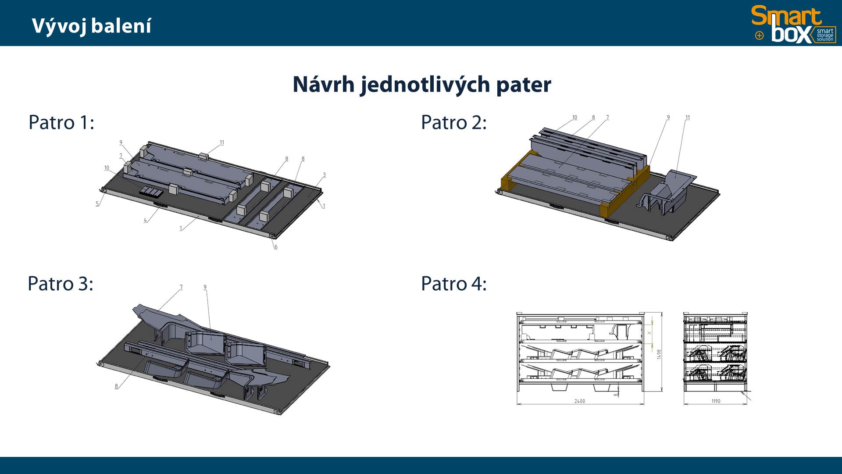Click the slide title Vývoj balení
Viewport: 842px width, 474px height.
[x=92, y=26]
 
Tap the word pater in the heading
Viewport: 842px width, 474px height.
[x=524, y=85]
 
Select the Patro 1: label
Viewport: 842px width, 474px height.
[x=61, y=122]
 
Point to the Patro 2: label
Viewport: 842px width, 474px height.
[x=454, y=122]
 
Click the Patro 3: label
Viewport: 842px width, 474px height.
[x=61, y=284]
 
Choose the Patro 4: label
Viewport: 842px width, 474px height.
[x=454, y=284]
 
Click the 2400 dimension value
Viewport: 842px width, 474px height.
[x=580, y=401]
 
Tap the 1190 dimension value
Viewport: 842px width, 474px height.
[x=716, y=401]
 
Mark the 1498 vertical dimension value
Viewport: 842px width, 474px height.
[x=659, y=354]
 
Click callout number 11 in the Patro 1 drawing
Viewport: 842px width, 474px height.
[x=222, y=143]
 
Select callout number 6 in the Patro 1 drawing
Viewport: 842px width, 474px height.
[x=276, y=247]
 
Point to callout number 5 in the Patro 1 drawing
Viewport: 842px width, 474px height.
[x=97, y=204]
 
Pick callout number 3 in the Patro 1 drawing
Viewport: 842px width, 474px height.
[x=325, y=175]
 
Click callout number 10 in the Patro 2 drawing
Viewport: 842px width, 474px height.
[x=575, y=118]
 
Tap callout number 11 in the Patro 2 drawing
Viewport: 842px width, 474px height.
[x=688, y=118]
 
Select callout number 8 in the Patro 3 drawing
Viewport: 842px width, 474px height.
[x=116, y=386]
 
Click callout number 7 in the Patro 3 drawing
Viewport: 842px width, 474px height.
[x=181, y=288]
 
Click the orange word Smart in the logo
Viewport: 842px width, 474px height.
[x=786, y=17]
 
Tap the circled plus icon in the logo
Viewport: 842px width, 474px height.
[x=760, y=36]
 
